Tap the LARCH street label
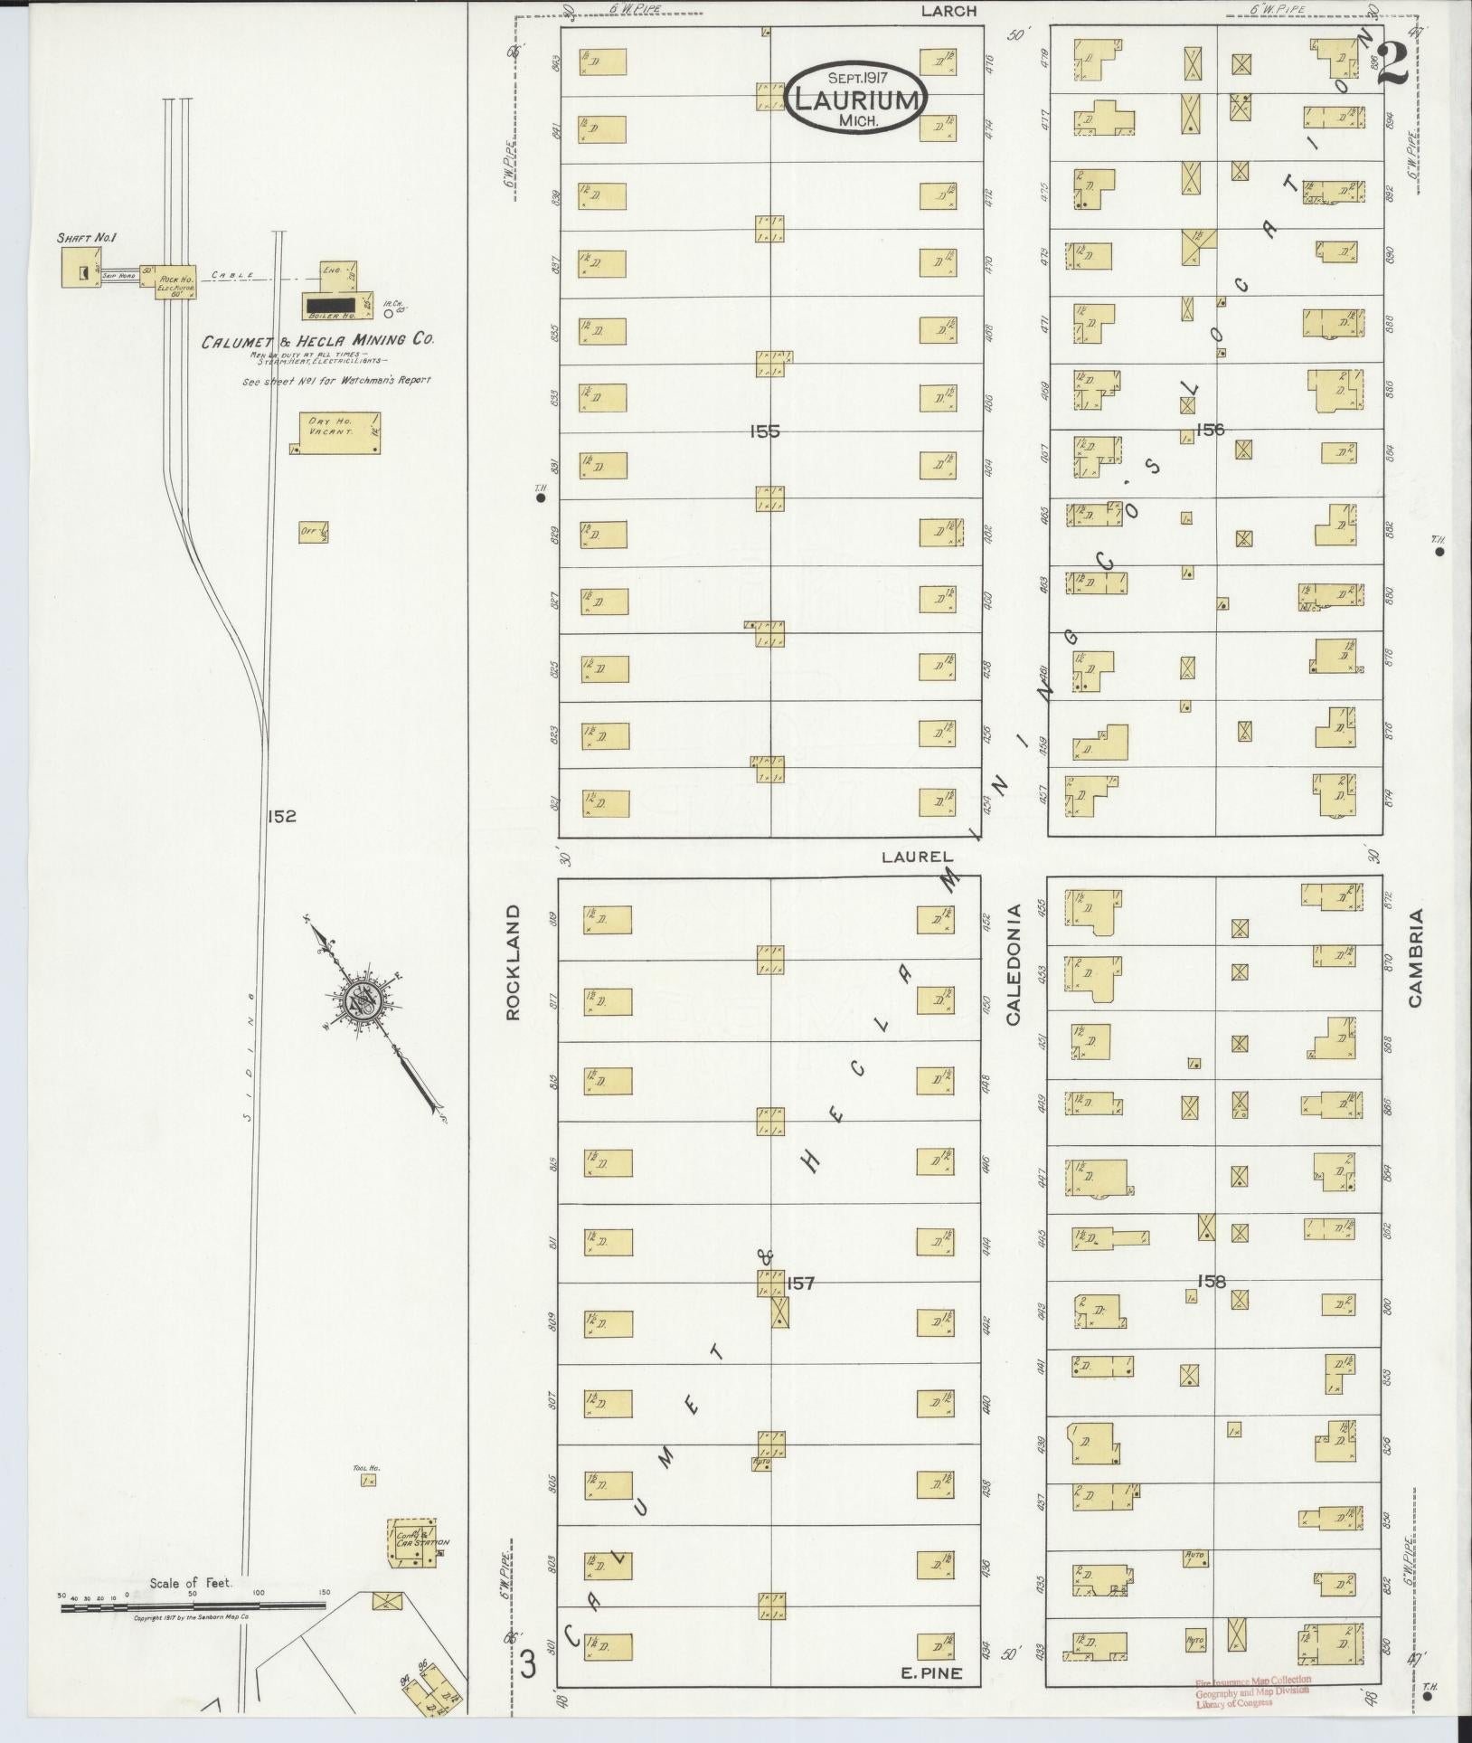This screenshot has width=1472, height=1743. [948, 12]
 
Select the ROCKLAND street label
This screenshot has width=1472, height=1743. [514, 962]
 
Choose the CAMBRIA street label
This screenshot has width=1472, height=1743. [1415, 958]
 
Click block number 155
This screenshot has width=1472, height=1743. [764, 432]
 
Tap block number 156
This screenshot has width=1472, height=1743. [1209, 429]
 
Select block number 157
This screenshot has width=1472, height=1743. [801, 1283]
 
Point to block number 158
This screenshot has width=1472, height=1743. [1210, 1281]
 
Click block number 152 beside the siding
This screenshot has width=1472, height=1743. [281, 816]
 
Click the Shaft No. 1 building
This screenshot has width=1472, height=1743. [80, 268]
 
